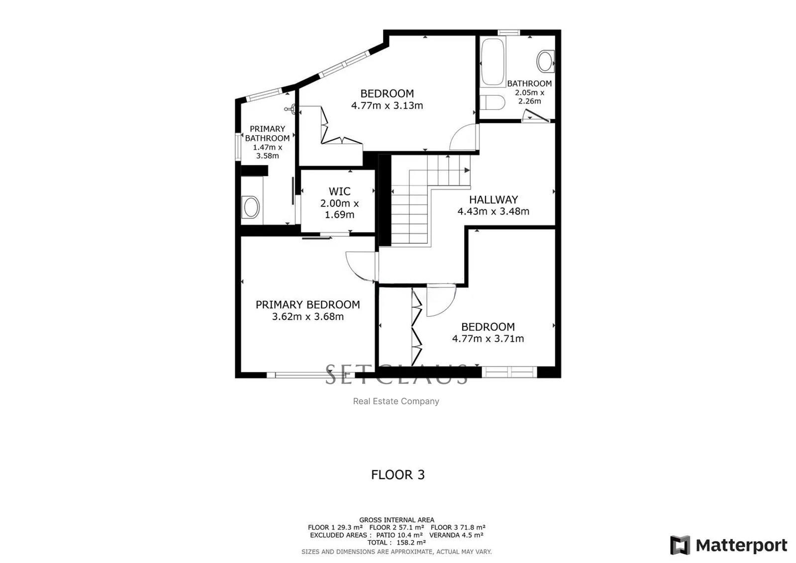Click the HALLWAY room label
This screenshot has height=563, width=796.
pos(493,199)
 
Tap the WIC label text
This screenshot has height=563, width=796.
pos(339,191)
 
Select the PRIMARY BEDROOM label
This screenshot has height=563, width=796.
pos(308,304)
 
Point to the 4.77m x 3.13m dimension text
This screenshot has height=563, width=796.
pos(387,105)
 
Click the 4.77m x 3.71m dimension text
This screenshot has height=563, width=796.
pos(488,339)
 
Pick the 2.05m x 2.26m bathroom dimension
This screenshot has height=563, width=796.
pos(529,96)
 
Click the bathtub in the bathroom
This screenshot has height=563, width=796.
pos(493,62)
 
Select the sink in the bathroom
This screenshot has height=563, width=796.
pos(545,61)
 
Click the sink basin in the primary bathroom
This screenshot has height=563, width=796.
pos(251,207)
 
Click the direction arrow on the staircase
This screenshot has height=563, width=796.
pos(467,171)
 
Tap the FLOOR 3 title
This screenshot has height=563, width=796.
pos(398,474)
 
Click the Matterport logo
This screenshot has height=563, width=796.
pos(728,545)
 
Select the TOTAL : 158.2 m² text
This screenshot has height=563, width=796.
pos(397,543)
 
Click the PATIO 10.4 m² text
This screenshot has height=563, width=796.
pos(399,535)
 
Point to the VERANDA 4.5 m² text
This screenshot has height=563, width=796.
pos(456,535)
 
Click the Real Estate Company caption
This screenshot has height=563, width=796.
pos(396,401)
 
